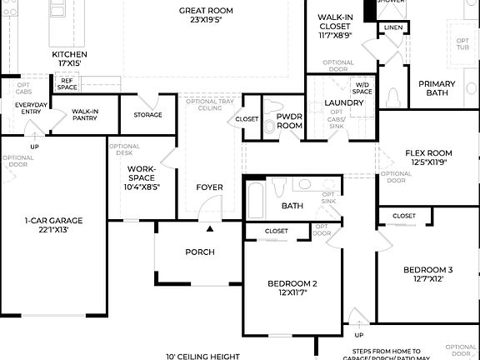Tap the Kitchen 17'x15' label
tap(70, 58)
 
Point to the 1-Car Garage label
tap(52, 224)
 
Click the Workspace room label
tap(142, 177)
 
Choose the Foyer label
tap(209, 187)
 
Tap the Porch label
tap(199, 252)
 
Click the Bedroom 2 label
tap(292, 288)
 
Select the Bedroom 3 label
tap(427, 274)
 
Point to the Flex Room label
tap(428, 157)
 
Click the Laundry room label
tap(344, 102)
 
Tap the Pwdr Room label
tap(289, 120)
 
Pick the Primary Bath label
tap(437, 88)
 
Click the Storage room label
tap(147, 114)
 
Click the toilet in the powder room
tap(269, 127)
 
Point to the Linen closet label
tap(393, 27)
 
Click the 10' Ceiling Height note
tap(202, 356)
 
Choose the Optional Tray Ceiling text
tap(203, 104)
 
